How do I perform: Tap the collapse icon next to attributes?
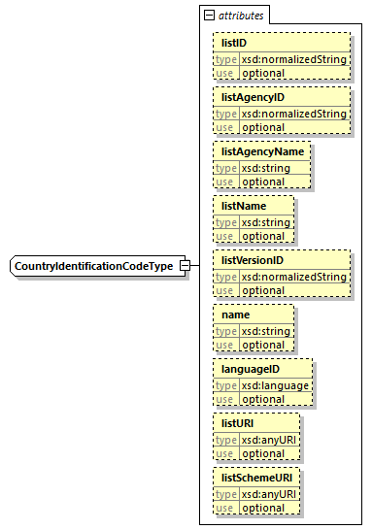(208, 16)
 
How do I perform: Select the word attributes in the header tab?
(240, 16)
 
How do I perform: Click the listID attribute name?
(233, 43)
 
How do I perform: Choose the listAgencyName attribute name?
(262, 151)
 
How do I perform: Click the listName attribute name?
(244, 206)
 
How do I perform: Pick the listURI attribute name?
(239, 423)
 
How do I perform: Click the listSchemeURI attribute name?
(256, 478)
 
